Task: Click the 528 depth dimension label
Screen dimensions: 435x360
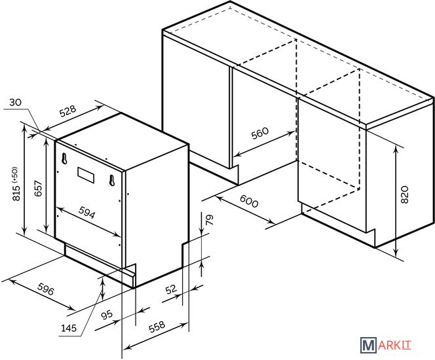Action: click(67, 111)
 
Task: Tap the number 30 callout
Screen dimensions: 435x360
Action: click(15, 102)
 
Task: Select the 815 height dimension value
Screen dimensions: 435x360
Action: click(16, 193)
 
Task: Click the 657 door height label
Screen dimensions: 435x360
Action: click(38, 189)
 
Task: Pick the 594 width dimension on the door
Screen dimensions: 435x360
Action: click(87, 212)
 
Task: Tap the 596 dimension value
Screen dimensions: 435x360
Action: click(45, 289)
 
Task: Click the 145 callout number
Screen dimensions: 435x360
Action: click(69, 328)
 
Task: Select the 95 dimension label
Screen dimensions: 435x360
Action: click(107, 315)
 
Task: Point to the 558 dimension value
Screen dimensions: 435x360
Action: click(157, 327)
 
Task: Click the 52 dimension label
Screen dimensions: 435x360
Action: click(171, 289)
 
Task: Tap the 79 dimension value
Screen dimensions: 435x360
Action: click(210, 219)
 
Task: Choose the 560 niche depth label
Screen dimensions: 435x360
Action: click(260, 133)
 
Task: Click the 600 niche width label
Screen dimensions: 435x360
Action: click(249, 201)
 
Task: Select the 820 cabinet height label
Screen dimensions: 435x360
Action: click(405, 194)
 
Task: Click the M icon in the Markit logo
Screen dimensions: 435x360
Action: click(368, 345)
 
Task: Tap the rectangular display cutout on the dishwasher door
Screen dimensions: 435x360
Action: click(86, 175)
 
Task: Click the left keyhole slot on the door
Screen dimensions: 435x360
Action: click(64, 158)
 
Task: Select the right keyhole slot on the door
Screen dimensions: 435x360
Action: click(112, 181)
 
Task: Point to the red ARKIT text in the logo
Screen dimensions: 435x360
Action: click(394, 346)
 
